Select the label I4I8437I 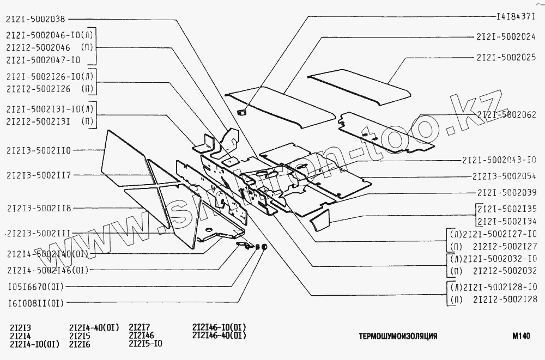click(x=517, y=17)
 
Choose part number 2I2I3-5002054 click(x=505, y=176)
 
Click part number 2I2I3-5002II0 click(x=39, y=150)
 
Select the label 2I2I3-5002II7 click(x=39, y=175)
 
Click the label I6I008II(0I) click(x=35, y=303)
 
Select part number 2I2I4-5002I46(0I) click(x=47, y=270)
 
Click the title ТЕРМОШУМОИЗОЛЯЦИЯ click(x=398, y=336)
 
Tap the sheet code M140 click(x=520, y=336)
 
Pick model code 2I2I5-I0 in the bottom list click(x=146, y=344)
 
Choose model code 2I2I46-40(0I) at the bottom click(x=219, y=335)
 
